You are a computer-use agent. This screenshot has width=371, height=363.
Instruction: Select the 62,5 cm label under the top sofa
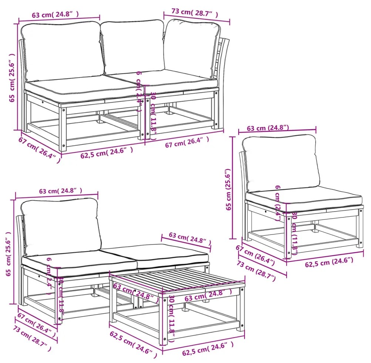coord(107,153)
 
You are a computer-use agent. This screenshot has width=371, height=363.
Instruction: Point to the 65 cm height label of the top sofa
coord(13,77)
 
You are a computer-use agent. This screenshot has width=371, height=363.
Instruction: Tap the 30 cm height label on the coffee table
coord(172,314)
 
